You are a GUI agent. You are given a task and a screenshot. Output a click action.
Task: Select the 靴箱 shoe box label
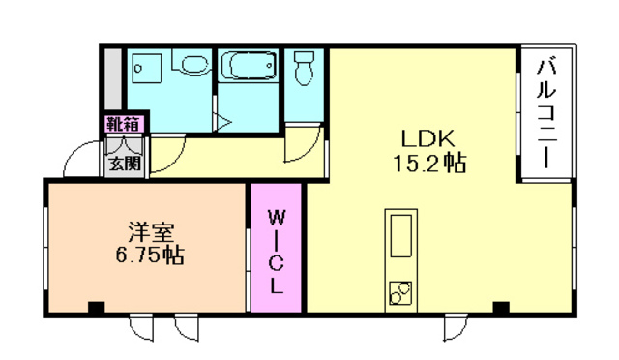124,123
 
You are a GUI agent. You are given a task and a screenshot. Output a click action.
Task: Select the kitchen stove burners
400,291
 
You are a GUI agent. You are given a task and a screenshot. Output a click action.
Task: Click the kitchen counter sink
400,236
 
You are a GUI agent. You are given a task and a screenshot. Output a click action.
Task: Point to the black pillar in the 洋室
95,308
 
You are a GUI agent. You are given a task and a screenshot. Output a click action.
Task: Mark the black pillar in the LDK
500,308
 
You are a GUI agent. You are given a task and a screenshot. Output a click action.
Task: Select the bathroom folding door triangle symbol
222,124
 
